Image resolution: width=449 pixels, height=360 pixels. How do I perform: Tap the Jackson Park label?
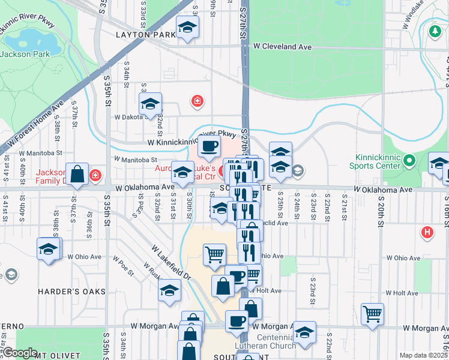[x=24, y=54]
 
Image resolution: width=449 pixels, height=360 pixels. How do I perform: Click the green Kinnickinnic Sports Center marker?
[x=409, y=160]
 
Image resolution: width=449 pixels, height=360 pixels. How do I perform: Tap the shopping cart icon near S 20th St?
[x=373, y=313]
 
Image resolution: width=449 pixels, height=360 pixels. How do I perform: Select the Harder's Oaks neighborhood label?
[x=71, y=292]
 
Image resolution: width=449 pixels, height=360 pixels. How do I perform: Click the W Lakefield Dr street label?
[x=170, y=262]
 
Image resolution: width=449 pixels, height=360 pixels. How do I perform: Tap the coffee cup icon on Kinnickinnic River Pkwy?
[x=209, y=146]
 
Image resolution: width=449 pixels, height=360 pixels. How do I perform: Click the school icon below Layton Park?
[x=187, y=26]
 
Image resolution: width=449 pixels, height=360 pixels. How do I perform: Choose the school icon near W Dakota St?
[x=150, y=103]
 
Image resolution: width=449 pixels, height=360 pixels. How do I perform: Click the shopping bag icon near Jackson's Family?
[x=77, y=175]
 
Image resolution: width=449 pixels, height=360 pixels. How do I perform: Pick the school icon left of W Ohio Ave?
[x=48, y=248]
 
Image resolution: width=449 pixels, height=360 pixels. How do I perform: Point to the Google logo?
[x=20, y=353]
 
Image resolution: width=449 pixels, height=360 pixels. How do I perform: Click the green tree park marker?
[x=435, y=31]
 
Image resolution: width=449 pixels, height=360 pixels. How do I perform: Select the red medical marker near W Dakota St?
[x=197, y=101]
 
